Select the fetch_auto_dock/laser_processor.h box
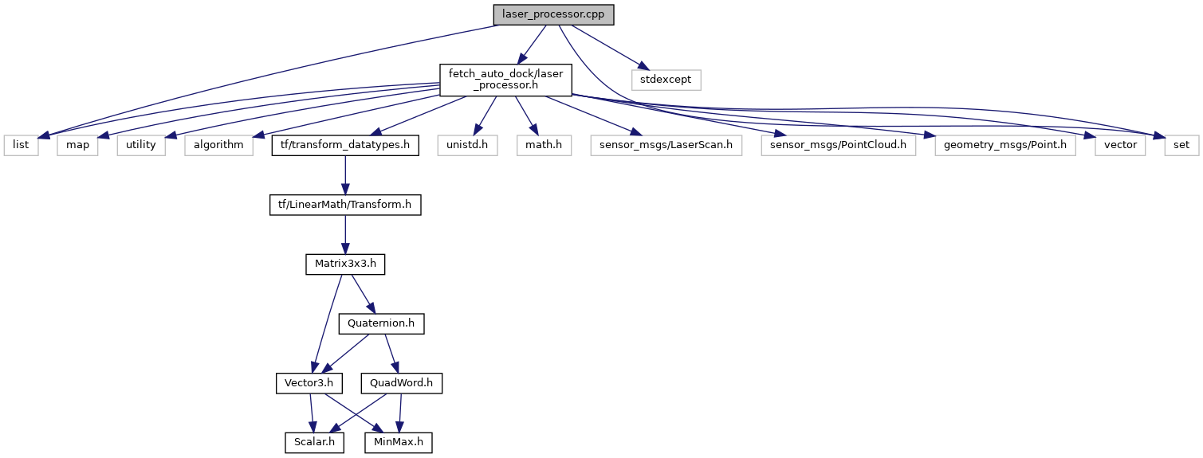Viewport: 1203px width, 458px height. tap(506, 80)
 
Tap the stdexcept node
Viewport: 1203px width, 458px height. tap(666, 80)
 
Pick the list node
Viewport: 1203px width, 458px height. tap(21, 145)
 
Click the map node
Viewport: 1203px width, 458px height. tap(77, 145)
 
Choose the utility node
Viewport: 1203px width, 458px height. tap(141, 145)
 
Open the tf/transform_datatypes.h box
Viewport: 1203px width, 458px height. tap(345, 145)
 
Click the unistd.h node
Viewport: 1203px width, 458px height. tap(467, 145)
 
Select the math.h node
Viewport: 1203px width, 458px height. tap(544, 145)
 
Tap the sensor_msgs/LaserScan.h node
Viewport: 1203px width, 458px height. tap(666, 145)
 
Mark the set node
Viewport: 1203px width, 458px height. tap(1180, 145)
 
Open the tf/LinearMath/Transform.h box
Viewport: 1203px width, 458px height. tap(345, 205)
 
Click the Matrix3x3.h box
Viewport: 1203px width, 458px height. tap(345, 264)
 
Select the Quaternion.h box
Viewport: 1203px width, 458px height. tap(382, 324)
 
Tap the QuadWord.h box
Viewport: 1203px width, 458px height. tap(402, 383)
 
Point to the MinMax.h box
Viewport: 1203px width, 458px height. tap(399, 442)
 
